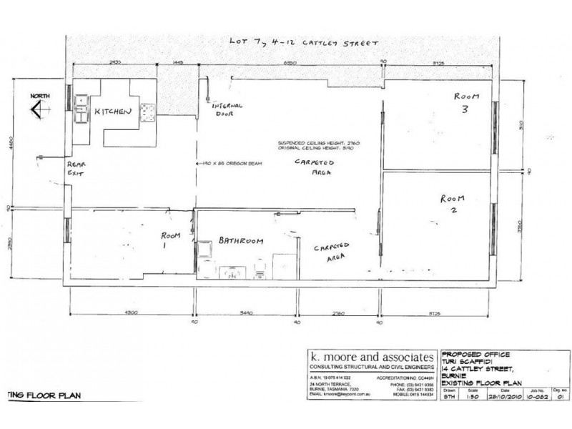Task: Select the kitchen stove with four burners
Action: pos(149,111)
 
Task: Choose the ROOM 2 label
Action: pos(453,204)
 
